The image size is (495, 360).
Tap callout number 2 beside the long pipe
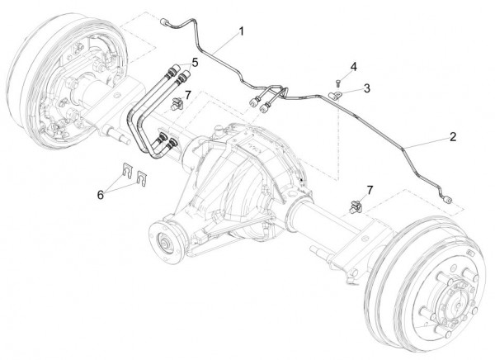(x=452, y=135)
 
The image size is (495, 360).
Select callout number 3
(x=367, y=86)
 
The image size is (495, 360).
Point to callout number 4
(x=353, y=65)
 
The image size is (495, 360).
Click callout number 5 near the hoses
(x=195, y=63)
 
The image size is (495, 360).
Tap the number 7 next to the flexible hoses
(x=188, y=96)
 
